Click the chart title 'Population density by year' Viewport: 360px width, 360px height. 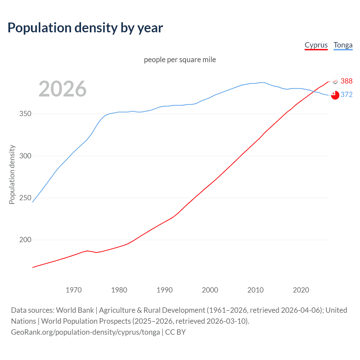coord(85,28)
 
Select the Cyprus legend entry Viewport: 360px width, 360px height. coord(316,45)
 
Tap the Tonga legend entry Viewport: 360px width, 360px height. coord(343,45)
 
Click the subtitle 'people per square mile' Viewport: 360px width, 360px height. coord(180,60)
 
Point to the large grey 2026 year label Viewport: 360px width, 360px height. coord(62,89)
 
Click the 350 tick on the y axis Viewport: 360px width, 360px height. coord(25,114)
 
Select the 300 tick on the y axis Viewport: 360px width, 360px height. coord(25,156)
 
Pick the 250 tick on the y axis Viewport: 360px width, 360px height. coord(25,198)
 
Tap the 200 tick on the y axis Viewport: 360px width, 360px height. coord(25,240)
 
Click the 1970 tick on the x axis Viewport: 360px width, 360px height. coord(74,290)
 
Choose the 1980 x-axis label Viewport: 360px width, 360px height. coord(119,290)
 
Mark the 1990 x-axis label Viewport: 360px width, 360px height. coord(165,290)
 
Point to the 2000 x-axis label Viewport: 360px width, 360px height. coord(210,290)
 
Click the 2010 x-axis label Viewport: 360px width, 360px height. coord(256,290)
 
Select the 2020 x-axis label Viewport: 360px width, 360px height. coord(301,290)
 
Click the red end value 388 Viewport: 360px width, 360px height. coord(346,81)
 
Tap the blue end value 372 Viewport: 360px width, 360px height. coord(346,95)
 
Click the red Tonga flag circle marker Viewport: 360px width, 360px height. coord(335,95)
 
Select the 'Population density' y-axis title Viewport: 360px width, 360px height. coord(12,174)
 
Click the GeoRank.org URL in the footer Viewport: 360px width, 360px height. coord(85,332)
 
